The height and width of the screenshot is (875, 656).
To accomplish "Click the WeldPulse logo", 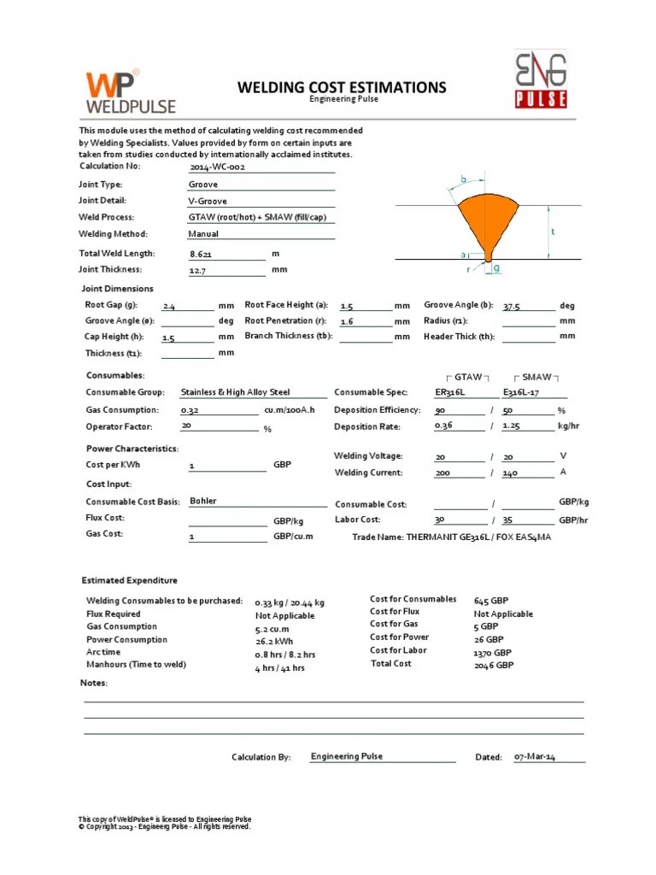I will [130, 92].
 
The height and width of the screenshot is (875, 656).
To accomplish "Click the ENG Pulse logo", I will [540, 80].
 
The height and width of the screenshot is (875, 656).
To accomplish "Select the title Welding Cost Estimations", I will [342, 87].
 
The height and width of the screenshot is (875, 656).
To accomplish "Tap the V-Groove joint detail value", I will [209, 201].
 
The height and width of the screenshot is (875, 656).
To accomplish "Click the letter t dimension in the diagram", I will [553, 232].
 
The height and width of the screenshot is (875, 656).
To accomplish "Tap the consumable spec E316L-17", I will [523, 393].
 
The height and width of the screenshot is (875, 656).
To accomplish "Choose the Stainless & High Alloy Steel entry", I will [235, 392].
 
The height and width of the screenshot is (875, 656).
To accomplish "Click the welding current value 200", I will [442, 473].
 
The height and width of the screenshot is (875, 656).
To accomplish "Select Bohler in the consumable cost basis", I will [203, 501].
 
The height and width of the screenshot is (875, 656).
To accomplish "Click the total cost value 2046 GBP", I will [493, 664].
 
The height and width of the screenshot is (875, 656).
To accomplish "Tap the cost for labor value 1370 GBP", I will [493, 651].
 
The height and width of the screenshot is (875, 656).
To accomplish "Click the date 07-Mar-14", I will [535, 757].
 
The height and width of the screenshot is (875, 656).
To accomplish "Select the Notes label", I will [94, 683].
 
